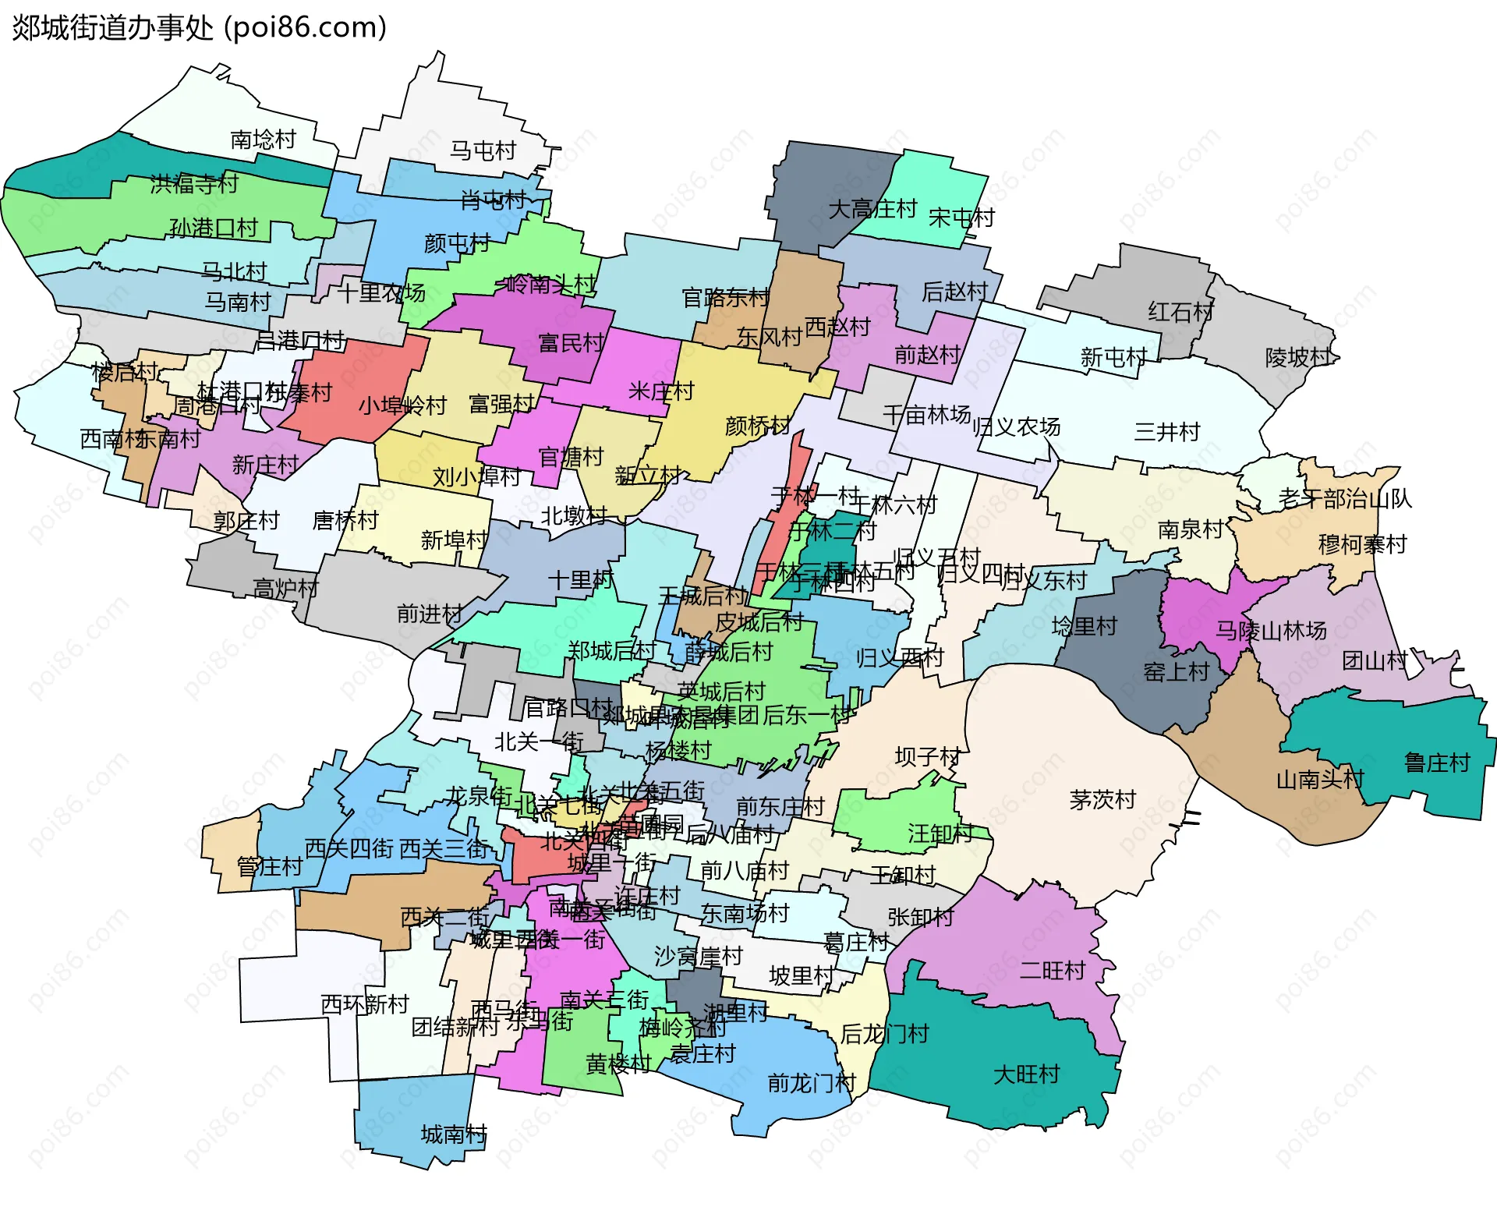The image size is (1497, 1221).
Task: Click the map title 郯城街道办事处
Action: click(113, 28)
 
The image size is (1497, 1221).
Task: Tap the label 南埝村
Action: click(264, 140)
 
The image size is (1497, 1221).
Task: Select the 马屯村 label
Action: click(483, 150)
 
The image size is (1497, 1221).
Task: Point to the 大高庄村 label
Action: click(872, 209)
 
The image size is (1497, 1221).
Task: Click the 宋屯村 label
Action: click(961, 218)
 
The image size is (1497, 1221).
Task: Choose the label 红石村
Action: click(1180, 312)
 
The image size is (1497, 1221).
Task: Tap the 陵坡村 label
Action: click(1298, 357)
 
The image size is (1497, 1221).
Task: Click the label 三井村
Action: click(1166, 431)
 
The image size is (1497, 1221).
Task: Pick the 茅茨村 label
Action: click(1102, 799)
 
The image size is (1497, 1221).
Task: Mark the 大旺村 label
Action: click(1026, 1074)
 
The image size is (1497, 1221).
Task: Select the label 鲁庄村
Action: click(1437, 763)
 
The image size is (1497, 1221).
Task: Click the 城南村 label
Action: click(454, 1134)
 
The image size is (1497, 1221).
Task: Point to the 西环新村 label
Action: click(365, 1004)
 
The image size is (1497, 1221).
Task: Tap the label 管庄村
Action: click(270, 866)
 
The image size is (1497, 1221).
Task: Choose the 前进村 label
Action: click(430, 614)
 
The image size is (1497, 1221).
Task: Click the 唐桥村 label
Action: click(345, 520)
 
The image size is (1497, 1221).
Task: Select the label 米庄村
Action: click(661, 391)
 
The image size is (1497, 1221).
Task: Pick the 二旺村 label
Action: click(1053, 971)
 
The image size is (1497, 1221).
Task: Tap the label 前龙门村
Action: click(812, 1083)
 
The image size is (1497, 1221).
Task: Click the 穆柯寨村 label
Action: click(1362, 544)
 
